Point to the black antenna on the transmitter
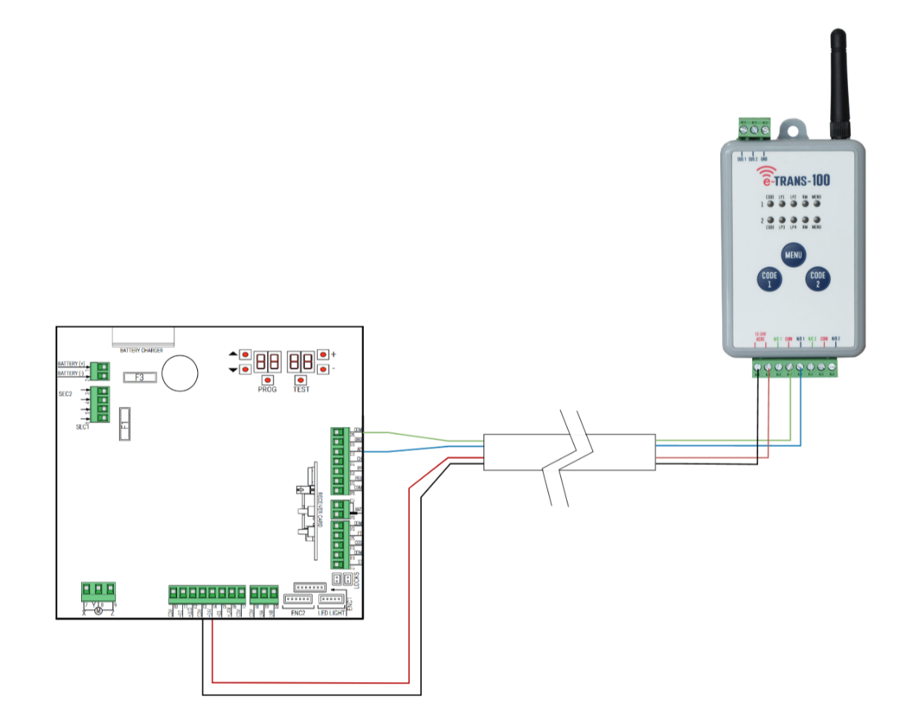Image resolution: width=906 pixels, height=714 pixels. pyautogui.click(x=838, y=82)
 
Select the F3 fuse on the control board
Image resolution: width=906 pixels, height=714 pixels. pyautogui.click(x=139, y=378)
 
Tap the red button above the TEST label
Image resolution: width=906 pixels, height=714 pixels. pyautogui.click(x=301, y=379)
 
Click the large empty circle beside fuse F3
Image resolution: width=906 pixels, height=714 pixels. pyautogui.click(x=181, y=372)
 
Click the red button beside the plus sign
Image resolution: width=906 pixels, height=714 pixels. pyautogui.click(x=323, y=355)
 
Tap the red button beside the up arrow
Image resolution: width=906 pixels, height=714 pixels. pyautogui.click(x=244, y=355)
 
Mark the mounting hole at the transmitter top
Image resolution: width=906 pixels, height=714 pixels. pyautogui.click(x=794, y=129)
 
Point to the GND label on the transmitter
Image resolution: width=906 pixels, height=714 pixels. pyautogui.click(x=765, y=158)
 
